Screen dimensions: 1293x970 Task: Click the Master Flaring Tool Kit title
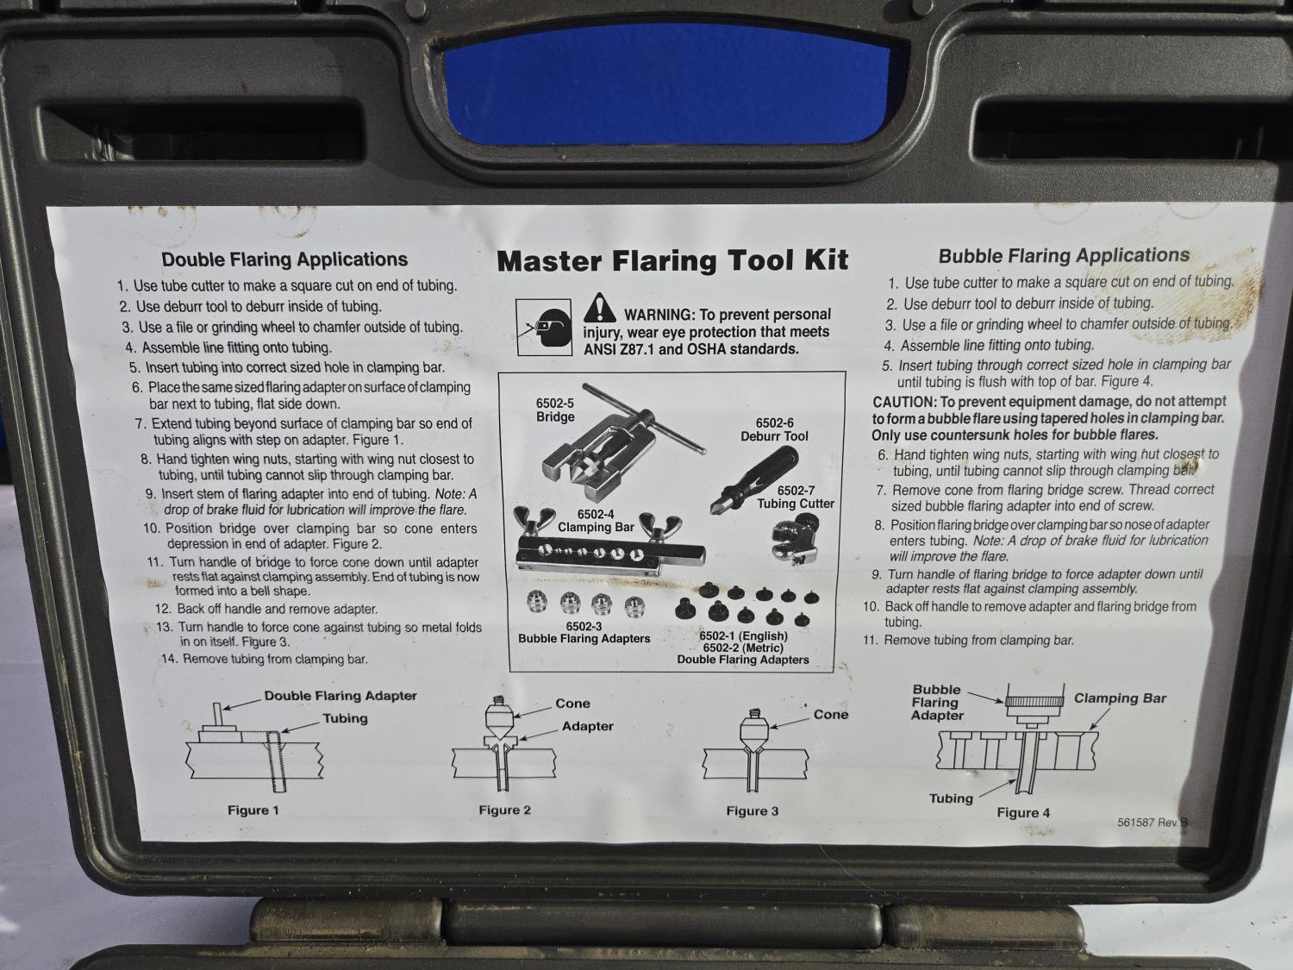click(672, 260)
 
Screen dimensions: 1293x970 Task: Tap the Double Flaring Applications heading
click(284, 260)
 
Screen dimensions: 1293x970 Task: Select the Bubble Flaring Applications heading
click(1064, 255)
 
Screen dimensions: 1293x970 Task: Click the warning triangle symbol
click(600, 308)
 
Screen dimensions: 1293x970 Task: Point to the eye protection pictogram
click(544, 328)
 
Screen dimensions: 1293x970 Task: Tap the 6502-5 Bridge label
click(555, 410)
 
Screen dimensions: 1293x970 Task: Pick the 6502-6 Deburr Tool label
click(774, 430)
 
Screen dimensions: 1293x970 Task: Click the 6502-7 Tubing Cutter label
click(796, 498)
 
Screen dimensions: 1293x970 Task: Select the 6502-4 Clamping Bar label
click(596, 521)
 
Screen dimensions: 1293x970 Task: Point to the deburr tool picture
click(753, 479)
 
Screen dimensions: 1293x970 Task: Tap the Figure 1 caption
click(253, 810)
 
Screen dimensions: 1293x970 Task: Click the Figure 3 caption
click(753, 811)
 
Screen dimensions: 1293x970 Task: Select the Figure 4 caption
click(1023, 813)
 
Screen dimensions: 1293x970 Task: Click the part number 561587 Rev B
click(1152, 823)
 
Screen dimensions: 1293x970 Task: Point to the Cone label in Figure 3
click(831, 715)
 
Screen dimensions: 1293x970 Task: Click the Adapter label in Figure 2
click(587, 726)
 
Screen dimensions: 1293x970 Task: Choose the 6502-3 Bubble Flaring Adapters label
click(584, 633)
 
